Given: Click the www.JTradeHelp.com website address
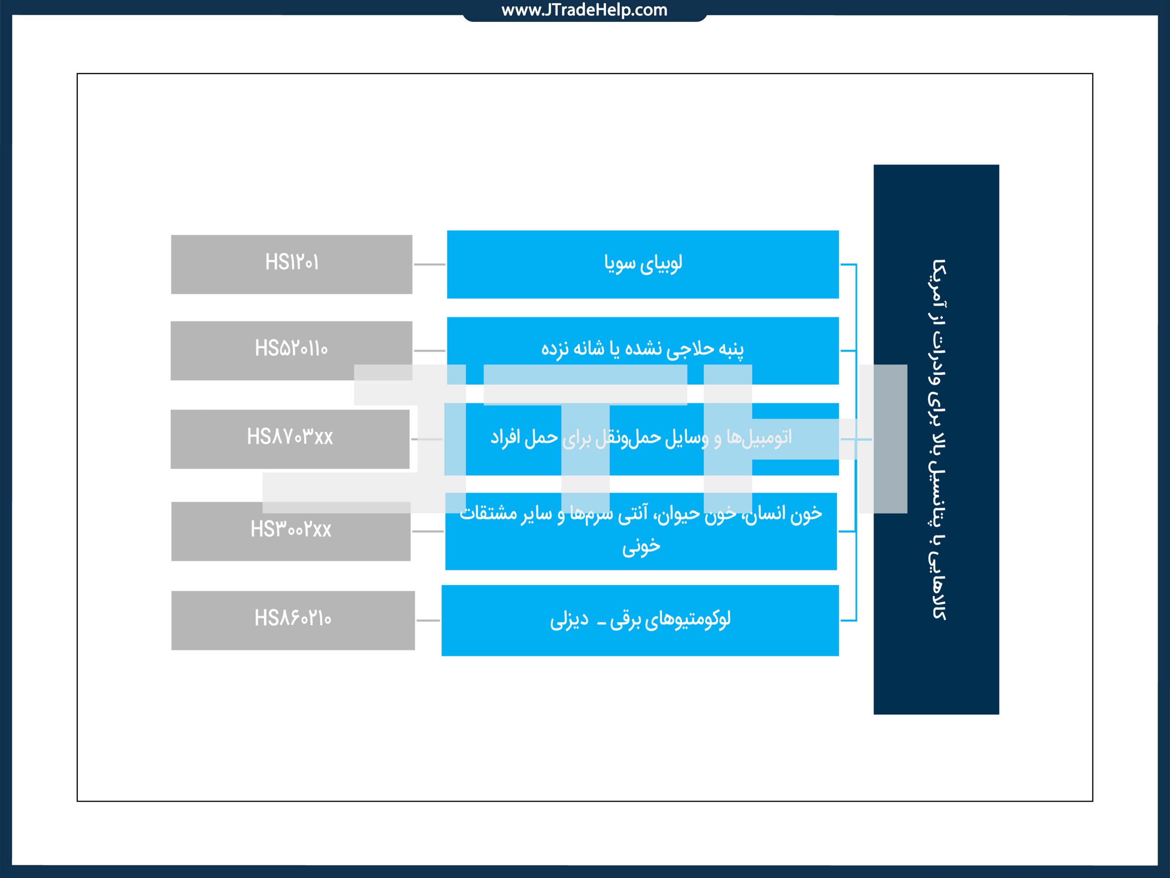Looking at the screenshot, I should pyautogui.click(x=584, y=10).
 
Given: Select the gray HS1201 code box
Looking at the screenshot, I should pyautogui.click(x=292, y=264).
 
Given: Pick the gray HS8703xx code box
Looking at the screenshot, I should pyautogui.click(x=289, y=439).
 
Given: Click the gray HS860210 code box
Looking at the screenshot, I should pyautogui.click(x=292, y=620).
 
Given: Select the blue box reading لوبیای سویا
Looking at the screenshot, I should pyautogui.click(x=643, y=264).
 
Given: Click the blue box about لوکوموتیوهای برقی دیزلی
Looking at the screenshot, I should pyautogui.click(x=640, y=620).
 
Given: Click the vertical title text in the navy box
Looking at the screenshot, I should pyautogui.click(x=938, y=439).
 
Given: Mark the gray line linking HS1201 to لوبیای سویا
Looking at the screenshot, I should pyautogui.click(x=430, y=264).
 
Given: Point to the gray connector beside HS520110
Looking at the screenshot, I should pyautogui.click(x=430, y=350).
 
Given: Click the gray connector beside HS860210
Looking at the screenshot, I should pyautogui.click(x=428, y=620).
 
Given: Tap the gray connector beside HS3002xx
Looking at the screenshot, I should pyautogui.click(x=428, y=531).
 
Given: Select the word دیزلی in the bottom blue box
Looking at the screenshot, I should pyautogui.click(x=569, y=620).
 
